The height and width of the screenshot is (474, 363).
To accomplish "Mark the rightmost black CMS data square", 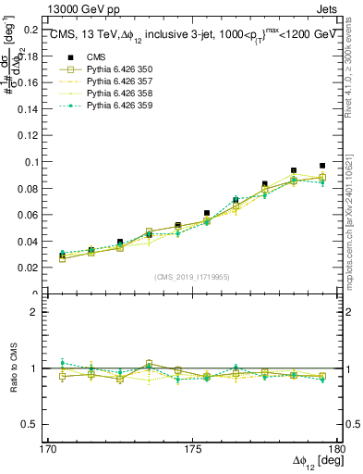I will [x=322, y=166].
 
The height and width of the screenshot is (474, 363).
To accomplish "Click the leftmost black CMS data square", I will [x=62, y=256].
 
